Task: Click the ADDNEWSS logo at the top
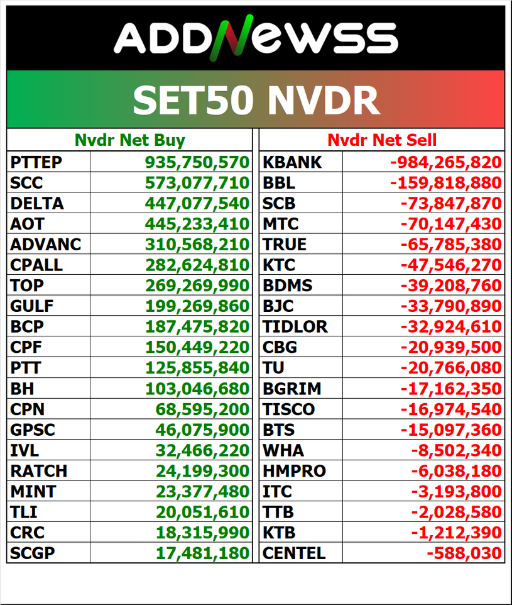(256, 37)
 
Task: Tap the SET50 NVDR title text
(256, 99)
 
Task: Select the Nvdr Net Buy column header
(129, 140)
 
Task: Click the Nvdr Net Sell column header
(382, 140)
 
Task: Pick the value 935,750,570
(197, 162)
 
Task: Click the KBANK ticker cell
(292, 162)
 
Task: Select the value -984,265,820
(446, 162)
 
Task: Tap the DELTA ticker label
(37, 204)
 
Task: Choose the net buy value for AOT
(197, 224)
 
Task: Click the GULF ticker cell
(32, 306)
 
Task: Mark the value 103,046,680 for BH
(197, 389)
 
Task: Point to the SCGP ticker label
(33, 553)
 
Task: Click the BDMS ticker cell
(287, 286)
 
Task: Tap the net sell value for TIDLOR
(451, 327)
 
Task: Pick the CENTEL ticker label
(294, 553)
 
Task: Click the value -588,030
(464, 553)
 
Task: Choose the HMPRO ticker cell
(294, 471)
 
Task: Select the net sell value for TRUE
(451, 245)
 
